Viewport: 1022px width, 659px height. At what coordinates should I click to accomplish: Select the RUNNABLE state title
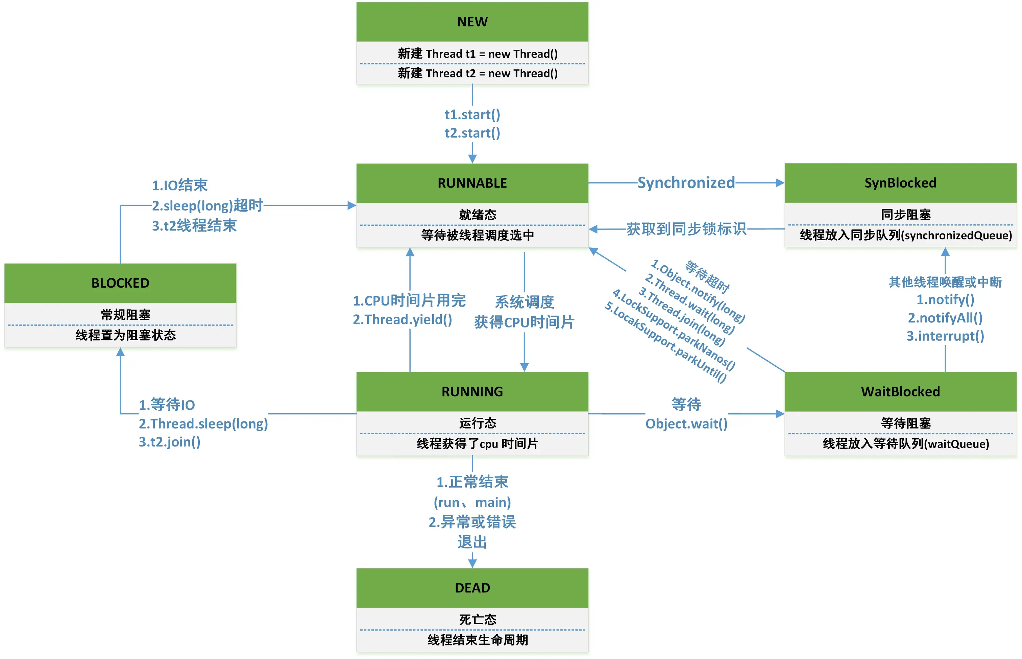click(x=472, y=183)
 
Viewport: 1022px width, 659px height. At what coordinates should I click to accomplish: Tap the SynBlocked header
click(x=900, y=183)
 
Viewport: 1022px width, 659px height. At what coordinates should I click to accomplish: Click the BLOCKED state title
click(x=120, y=283)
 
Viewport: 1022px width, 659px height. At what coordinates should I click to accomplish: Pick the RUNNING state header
click(x=472, y=392)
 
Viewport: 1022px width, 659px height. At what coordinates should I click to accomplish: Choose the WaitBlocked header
click(x=900, y=392)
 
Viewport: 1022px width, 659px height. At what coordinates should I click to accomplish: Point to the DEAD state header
click(x=472, y=588)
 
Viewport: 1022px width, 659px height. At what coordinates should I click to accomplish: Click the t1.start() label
click(x=472, y=115)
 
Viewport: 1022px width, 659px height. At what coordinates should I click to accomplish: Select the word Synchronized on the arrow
click(x=686, y=183)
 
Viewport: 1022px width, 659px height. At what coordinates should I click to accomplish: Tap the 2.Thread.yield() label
click(x=402, y=320)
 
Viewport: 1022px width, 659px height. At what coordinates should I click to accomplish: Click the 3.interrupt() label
click(x=945, y=336)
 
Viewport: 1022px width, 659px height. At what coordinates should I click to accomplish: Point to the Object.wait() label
click(x=686, y=424)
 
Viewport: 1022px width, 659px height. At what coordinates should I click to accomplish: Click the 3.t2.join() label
click(x=169, y=442)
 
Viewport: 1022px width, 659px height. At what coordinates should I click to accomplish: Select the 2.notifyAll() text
click(x=945, y=318)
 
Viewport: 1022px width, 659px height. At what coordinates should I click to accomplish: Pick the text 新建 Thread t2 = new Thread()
click(x=478, y=74)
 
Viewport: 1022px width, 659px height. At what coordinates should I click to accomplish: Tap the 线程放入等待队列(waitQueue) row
click(x=906, y=444)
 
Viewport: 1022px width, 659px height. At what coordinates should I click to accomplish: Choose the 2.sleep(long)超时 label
click(x=208, y=206)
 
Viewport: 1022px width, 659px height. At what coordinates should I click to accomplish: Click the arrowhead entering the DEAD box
click(x=472, y=564)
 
